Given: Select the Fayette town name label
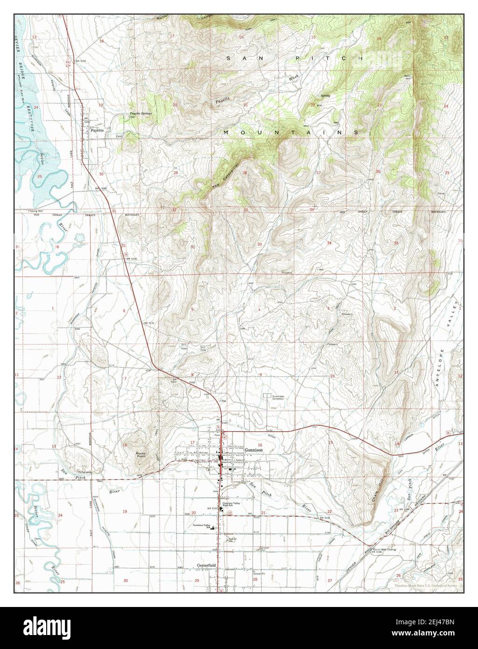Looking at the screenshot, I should pyautogui.click(x=97, y=130).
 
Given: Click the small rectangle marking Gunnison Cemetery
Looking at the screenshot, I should pyautogui.click(x=267, y=396).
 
